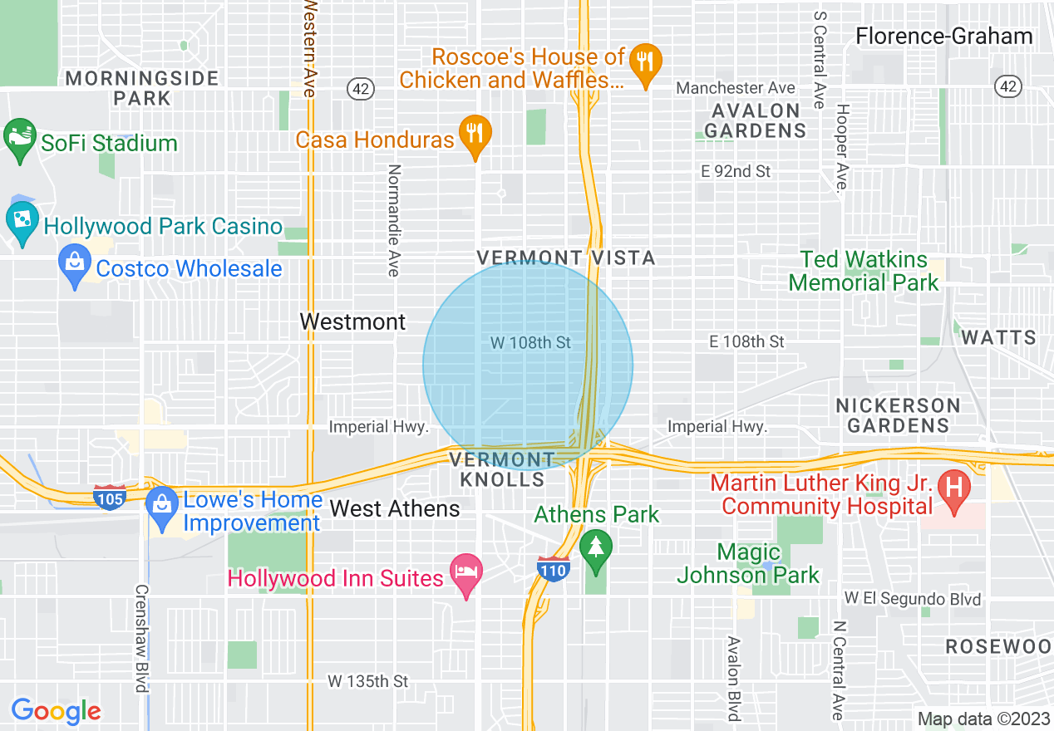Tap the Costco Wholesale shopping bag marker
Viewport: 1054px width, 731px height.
75,265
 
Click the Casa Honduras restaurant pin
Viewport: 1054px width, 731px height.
475,135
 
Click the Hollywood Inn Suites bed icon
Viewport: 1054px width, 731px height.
465,573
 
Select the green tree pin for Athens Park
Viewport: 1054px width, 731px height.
595,548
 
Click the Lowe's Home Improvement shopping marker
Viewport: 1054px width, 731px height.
160,505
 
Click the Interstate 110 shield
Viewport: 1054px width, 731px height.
553,570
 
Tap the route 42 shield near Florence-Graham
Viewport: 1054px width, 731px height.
1007,86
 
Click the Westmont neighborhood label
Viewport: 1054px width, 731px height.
352,321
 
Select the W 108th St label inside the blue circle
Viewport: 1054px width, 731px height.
530,342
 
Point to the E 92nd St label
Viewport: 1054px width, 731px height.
736,172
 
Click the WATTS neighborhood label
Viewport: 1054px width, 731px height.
998,337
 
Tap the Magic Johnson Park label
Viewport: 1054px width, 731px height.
748,563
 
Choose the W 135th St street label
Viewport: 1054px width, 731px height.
367,681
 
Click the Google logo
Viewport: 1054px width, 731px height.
57,711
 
